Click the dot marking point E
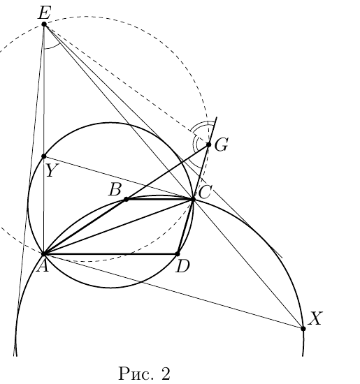(x=44, y=24)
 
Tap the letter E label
(x=44, y=13)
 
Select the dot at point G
(x=209, y=145)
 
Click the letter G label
(x=222, y=145)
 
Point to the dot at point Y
(x=44, y=156)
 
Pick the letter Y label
(x=52, y=170)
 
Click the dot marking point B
(x=126, y=200)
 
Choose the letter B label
(x=115, y=190)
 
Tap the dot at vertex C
(x=193, y=200)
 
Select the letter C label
(x=204, y=192)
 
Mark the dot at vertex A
(x=44, y=254)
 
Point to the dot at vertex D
(x=178, y=254)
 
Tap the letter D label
(x=182, y=267)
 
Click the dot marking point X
(x=303, y=328)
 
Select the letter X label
(x=315, y=318)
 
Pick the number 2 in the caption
(x=166, y=374)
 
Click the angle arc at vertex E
(x=52, y=47)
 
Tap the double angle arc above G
(x=199, y=126)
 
